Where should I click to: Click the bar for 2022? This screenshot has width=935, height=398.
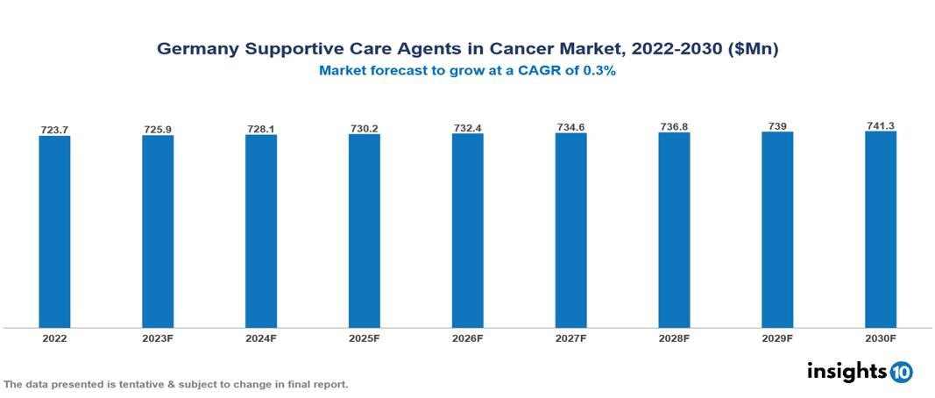coord(54,231)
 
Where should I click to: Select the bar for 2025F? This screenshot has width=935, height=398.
coord(364,231)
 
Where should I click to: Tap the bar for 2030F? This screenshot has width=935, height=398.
coord(881,229)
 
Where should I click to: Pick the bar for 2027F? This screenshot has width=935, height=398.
coord(570,230)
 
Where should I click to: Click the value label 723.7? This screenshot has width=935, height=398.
coord(54,130)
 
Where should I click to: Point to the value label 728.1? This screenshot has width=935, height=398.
coord(261,129)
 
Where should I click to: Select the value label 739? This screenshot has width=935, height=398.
coord(777,126)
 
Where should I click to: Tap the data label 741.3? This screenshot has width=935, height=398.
coord(881,126)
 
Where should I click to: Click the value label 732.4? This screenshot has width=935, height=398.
coord(467,128)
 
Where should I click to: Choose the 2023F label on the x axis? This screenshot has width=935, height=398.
coord(158,338)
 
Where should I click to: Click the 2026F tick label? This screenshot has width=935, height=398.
coord(467,338)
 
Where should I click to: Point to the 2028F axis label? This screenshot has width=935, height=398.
coord(674,338)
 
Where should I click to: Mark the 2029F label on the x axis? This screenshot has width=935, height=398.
coord(777,338)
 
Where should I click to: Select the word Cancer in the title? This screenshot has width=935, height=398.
coord(544,50)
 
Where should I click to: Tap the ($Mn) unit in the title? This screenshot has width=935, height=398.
coord(753,50)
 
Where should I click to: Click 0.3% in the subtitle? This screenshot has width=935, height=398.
coord(599,71)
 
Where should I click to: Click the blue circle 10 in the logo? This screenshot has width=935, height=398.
coord(901,372)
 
